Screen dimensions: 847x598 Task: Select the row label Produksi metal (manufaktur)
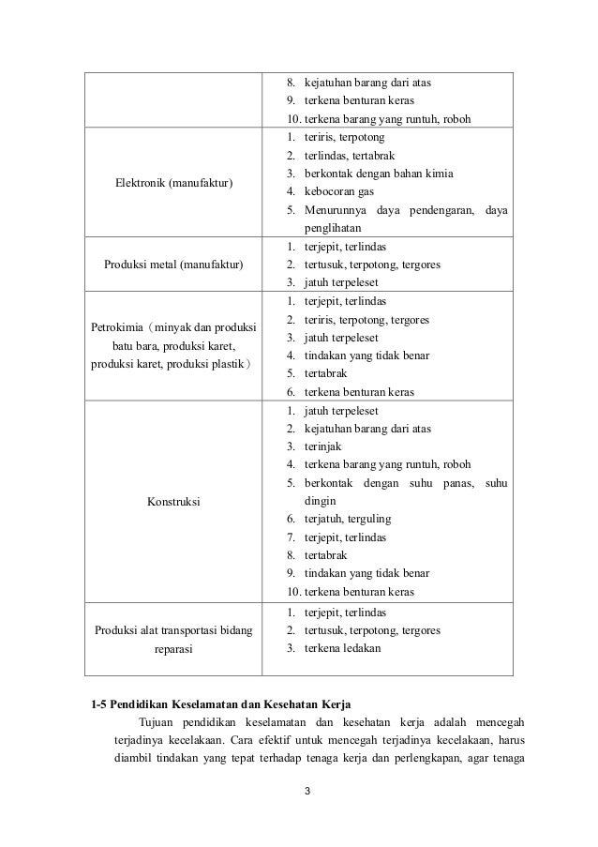(x=173, y=264)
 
